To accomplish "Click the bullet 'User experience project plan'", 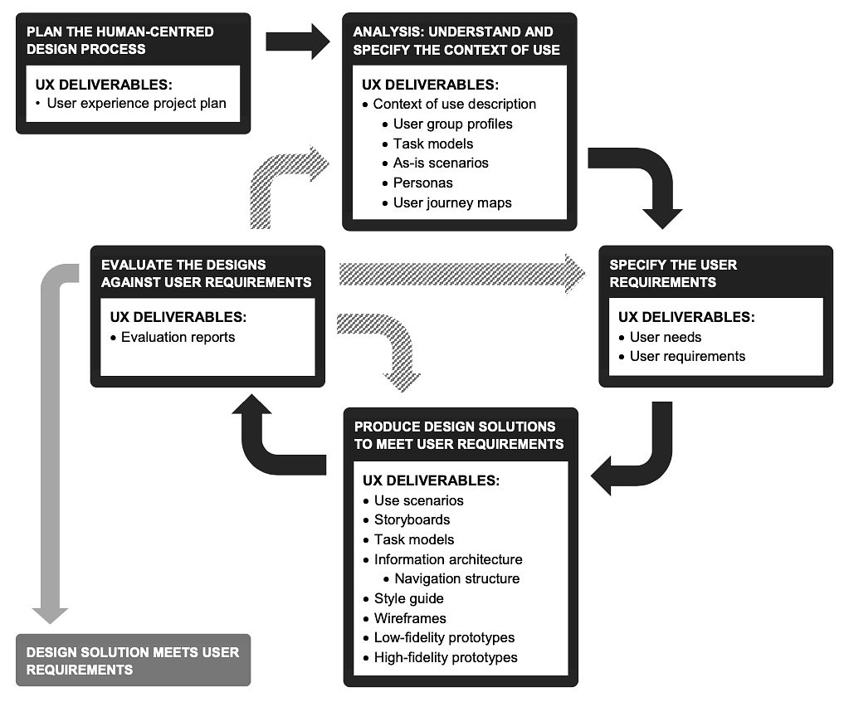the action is (136, 104).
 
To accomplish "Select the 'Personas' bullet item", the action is (422, 183).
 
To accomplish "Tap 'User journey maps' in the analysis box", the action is (452, 203).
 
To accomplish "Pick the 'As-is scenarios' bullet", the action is (441, 163).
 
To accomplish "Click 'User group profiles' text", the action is (452, 124).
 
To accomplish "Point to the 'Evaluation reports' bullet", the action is (178, 337).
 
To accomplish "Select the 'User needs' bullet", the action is (666, 337).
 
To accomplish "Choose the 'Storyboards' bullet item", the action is (412, 520).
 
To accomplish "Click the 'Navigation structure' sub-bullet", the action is (457, 578).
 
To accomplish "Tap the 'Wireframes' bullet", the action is (410, 618).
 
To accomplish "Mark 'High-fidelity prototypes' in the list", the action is (446, 658).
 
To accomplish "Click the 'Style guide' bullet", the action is (409, 598).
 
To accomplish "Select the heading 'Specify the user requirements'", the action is (673, 274).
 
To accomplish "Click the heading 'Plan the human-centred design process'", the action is (120, 41).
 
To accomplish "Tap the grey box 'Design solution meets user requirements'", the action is (133, 660).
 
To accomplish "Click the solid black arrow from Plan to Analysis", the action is (298, 41).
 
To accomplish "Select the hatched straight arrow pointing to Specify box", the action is (461, 274).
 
